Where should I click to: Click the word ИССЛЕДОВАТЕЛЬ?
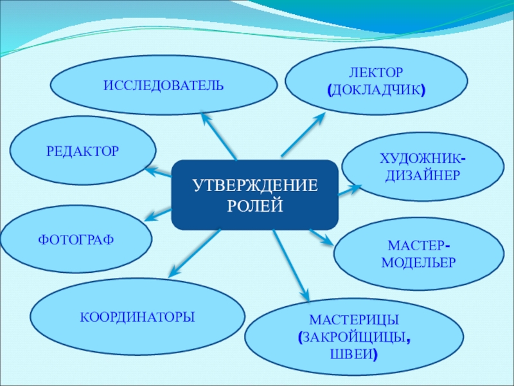164,85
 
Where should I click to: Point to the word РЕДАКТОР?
83,152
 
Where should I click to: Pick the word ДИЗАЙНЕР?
423,175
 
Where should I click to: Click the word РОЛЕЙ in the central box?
255,205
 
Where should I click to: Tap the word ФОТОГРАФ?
76,239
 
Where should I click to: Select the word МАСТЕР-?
418,246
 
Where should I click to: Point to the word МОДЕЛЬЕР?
418,262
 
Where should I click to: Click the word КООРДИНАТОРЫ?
137,317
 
